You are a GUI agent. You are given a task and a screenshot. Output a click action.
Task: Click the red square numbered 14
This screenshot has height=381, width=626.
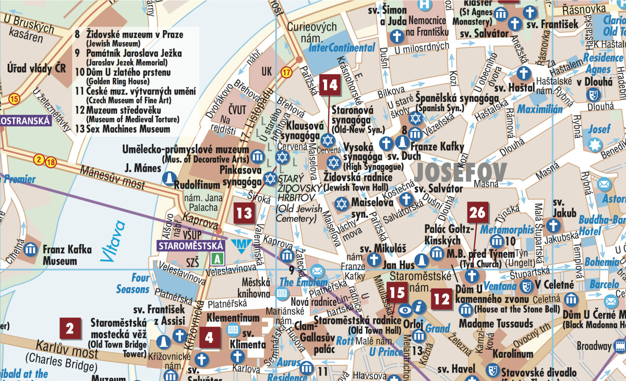tap(330, 85)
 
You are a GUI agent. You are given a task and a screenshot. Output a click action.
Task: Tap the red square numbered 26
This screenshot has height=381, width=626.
tap(477, 212)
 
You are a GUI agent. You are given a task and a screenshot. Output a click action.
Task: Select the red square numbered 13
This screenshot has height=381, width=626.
tap(244, 212)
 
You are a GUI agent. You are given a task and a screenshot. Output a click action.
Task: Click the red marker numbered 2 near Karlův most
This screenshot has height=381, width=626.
tap(70, 329)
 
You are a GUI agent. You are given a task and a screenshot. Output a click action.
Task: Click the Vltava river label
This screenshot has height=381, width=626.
tap(113, 241)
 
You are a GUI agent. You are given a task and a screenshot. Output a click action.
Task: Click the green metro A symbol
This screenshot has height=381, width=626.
tap(218, 258)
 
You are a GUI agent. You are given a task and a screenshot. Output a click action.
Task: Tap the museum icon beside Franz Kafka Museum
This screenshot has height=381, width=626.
tap(31, 248)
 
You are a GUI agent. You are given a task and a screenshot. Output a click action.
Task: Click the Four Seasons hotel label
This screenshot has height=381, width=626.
tap(133, 283)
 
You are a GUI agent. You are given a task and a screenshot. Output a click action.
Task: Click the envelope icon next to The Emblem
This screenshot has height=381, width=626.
tap(317, 271)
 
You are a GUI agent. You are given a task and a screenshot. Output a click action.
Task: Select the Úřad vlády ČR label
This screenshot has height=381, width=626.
tap(37, 68)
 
